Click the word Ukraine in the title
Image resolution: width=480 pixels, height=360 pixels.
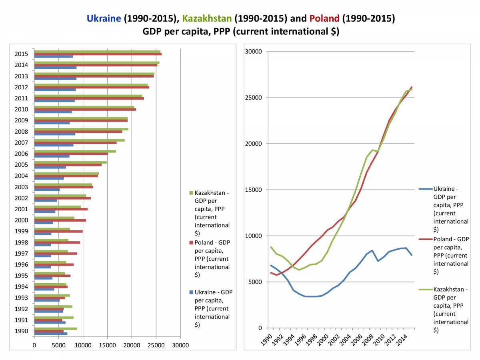point(104,18)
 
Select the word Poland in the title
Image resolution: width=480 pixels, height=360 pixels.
point(324,18)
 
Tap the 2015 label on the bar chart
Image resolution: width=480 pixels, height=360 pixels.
point(22,54)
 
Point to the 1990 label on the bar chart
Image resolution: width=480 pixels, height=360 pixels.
point(22,331)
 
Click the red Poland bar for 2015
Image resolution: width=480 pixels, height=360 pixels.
point(98,54)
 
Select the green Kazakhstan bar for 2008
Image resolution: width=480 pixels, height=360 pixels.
point(81,129)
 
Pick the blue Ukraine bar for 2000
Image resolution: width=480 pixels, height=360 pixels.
point(44,223)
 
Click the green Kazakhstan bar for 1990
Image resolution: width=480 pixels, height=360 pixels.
point(56,328)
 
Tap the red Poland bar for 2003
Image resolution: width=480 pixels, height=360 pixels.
point(64,187)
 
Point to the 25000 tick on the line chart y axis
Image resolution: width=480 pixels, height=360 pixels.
point(254,98)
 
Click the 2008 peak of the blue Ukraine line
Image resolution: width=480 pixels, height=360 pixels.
point(372,250)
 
